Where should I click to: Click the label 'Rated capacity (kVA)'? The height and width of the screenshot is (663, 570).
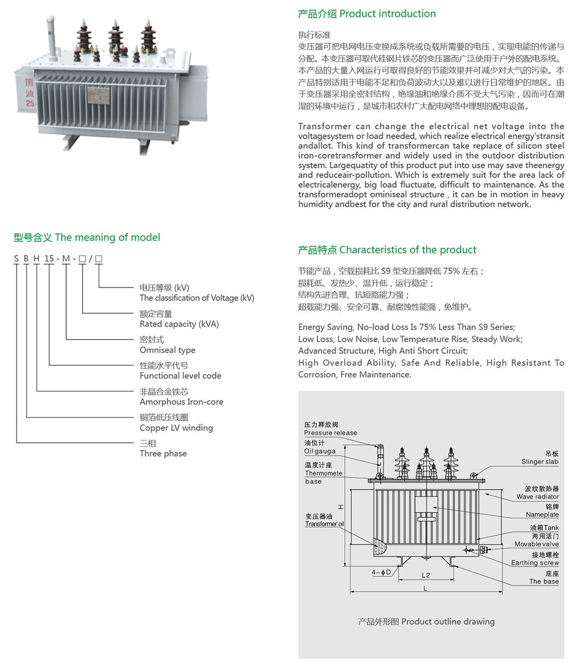(x=179, y=324)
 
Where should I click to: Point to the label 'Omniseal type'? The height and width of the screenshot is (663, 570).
(x=168, y=350)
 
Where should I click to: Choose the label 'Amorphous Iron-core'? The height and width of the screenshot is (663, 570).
(x=181, y=402)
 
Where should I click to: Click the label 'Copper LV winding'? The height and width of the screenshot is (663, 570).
(x=176, y=428)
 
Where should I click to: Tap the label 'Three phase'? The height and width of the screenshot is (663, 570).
(x=163, y=454)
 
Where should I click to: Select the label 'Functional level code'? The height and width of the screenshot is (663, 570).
(x=180, y=375)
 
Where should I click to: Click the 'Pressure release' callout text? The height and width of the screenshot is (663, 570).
(x=331, y=433)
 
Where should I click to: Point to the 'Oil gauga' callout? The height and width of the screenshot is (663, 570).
(x=320, y=451)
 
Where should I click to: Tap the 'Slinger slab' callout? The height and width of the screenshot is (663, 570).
(x=540, y=462)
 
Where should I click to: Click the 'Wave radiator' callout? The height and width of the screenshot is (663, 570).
(x=538, y=497)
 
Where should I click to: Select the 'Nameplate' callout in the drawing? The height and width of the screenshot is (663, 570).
(x=542, y=515)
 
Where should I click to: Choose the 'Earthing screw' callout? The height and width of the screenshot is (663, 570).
(x=535, y=563)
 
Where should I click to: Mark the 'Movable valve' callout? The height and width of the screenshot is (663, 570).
(x=536, y=544)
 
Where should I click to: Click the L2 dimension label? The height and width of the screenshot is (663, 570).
(x=426, y=575)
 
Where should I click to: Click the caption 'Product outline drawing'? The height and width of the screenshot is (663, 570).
(x=426, y=621)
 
